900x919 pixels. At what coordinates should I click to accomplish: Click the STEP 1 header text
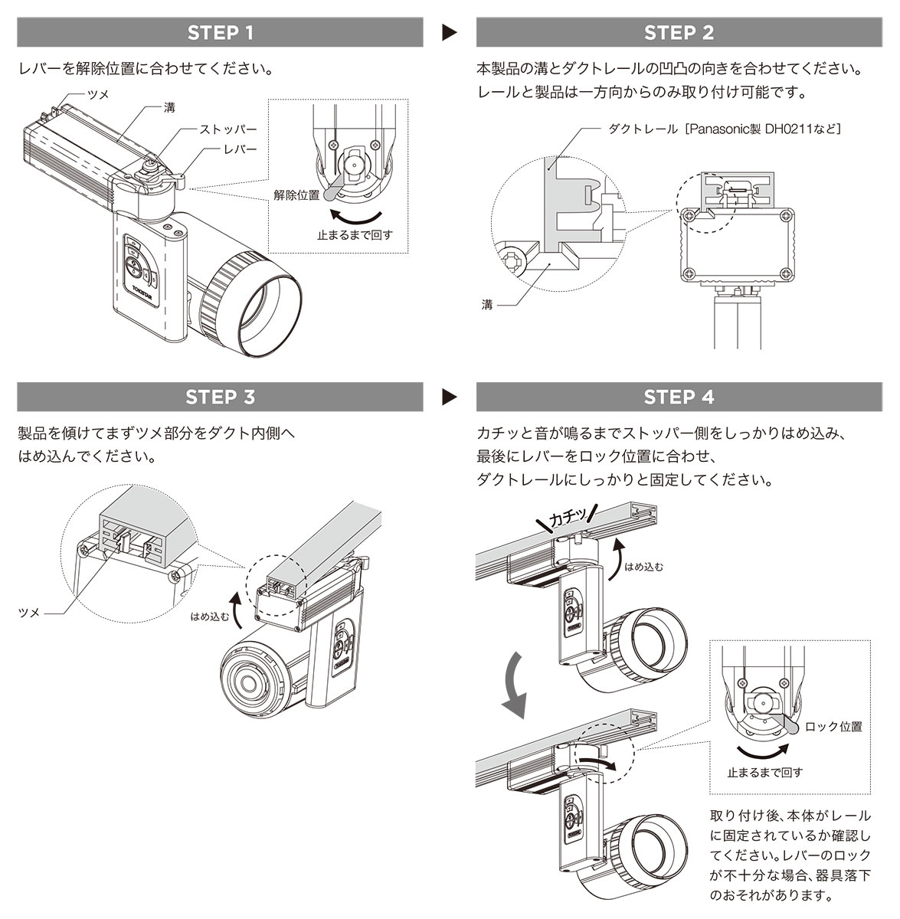click(x=220, y=32)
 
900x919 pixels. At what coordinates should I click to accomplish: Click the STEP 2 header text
click(x=679, y=32)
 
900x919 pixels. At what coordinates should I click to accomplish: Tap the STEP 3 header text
click(x=220, y=397)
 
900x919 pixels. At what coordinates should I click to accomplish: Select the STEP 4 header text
click(x=679, y=397)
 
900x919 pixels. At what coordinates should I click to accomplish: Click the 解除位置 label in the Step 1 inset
click(x=296, y=195)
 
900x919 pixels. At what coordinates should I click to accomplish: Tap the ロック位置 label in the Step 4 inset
click(x=833, y=727)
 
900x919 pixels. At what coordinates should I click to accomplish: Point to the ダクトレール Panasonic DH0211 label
click(x=724, y=129)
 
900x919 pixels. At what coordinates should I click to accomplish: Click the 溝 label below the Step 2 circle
click(x=487, y=305)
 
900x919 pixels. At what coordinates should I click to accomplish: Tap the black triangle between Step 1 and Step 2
click(x=450, y=32)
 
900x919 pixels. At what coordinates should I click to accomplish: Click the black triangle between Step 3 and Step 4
click(x=450, y=397)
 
